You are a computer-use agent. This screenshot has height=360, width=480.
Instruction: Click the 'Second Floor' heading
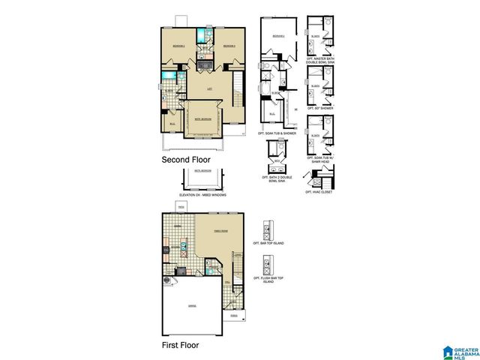click(187, 160)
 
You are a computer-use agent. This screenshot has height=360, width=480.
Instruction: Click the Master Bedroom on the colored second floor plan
click(202, 119)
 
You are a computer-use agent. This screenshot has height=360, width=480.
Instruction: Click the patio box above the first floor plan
click(180, 208)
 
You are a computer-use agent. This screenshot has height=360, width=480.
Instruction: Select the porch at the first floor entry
click(233, 316)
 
